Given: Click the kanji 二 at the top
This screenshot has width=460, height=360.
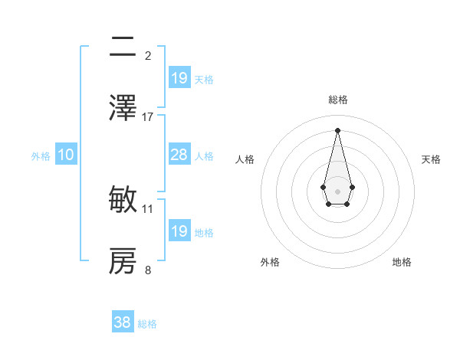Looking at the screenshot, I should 123,48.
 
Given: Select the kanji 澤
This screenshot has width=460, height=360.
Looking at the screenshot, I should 123,108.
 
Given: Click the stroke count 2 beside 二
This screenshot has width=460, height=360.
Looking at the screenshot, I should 148,55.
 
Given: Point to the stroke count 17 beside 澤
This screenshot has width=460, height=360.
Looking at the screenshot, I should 148,116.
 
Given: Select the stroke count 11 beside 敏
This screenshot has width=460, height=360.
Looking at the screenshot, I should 148,208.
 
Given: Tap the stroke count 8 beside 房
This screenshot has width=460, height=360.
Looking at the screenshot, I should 148,270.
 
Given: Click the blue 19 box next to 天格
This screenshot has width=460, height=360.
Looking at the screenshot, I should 179,77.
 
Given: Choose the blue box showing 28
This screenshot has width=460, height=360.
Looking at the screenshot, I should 179,155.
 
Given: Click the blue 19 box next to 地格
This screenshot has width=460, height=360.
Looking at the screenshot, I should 179,231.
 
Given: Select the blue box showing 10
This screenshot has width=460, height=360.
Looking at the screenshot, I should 66,155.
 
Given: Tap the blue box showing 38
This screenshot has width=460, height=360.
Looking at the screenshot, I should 123,322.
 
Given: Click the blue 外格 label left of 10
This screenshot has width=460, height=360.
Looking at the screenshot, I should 41,156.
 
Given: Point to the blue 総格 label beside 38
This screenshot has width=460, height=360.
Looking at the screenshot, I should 147,324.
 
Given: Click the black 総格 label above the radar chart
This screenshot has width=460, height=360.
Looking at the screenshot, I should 338,100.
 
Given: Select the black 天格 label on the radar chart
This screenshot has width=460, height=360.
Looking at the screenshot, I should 431,159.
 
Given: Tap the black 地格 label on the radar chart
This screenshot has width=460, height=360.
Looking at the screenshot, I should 402,262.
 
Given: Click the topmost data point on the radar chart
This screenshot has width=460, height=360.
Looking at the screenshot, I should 337,129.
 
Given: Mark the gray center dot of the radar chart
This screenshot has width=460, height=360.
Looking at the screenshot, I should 337,190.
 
